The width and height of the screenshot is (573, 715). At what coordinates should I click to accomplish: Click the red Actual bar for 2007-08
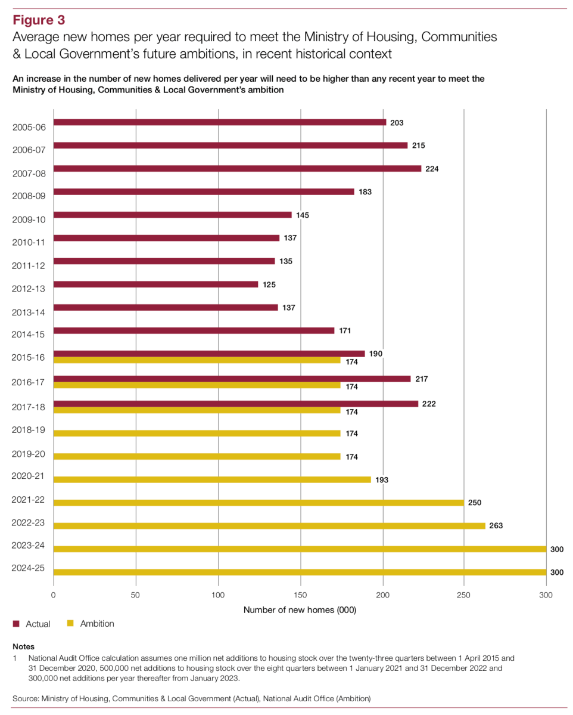click(237, 168)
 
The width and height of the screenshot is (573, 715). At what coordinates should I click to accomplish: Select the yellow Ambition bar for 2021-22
click(259, 503)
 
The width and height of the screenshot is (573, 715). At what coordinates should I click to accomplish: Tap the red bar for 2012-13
click(155, 284)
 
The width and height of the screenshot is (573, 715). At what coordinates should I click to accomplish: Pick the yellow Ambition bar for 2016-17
click(197, 385)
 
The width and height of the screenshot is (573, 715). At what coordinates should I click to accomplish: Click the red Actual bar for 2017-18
click(235, 404)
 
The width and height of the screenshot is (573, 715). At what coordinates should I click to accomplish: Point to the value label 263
click(497, 526)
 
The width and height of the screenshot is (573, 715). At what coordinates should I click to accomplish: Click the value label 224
click(432, 169)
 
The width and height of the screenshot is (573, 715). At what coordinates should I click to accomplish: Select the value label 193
click(382, 479)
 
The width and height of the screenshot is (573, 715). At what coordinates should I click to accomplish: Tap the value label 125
click(269, 284)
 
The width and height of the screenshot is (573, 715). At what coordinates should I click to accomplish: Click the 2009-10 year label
click(29, 219)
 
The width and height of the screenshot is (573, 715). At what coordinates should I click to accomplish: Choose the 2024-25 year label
click(29, 568)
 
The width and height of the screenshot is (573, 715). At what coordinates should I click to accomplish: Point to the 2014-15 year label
click(29, 335)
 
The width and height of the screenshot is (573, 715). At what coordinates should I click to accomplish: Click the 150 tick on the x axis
click(301, 595)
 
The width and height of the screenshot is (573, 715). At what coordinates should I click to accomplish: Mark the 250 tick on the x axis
click(464, 595)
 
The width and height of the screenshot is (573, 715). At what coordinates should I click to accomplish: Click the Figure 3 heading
click(39, 20)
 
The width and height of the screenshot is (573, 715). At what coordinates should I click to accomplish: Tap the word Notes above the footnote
click(23, 646)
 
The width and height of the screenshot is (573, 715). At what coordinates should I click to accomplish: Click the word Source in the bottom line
click(26, 697)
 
